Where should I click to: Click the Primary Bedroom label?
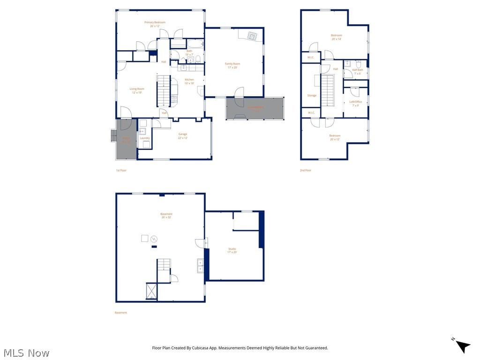tap(155, 24)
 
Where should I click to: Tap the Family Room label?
tap(232, 65)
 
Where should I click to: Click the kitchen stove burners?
tap(174, 99)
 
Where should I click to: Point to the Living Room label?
tap(137, 90)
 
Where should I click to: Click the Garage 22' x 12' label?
tap(182, 136)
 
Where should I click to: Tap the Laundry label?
tap(145, 138)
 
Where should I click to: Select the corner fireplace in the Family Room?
tap(252, 36)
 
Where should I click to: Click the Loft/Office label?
tap(356, 103)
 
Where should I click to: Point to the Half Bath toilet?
tap(358, 64)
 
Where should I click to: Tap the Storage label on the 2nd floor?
tap(312, 96)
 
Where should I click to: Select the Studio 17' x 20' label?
tap(232, 250)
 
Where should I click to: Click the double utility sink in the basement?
tap(200, 266)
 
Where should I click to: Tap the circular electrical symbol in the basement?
tap(153, 239)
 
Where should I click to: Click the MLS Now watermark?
tap(26, 352)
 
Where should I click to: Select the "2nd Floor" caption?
tap(306, 170)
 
